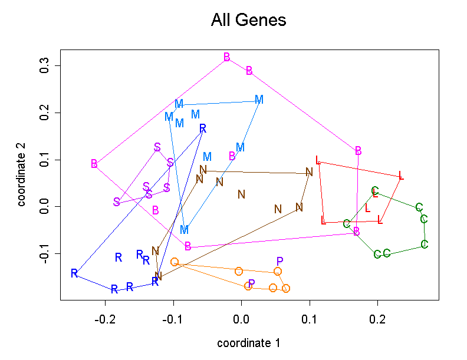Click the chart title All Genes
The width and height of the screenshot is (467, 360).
(x=248, y=21)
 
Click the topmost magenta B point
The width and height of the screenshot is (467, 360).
(x=227, y=57)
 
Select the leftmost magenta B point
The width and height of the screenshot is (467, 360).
(x=94, y=164)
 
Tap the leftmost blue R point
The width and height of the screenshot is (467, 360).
(x=74, y=273)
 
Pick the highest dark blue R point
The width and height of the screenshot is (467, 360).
(x=203, y=128)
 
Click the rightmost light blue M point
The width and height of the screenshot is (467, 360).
(x=259, y=100)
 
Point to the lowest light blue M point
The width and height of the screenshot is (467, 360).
(x=185, y=229)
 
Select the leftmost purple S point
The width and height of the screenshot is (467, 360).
(x=117, y=202)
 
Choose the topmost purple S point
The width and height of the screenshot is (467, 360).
(x=157, y=147)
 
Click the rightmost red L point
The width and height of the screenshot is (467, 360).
(x=401, y=176)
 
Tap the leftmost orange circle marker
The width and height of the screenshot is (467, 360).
(x=175, y=262)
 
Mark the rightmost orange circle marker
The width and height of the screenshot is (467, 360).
(x=286, y=288)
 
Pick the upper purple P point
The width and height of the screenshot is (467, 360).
(x=280, y=261)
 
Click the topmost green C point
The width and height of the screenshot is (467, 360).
(x=375, y=191)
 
